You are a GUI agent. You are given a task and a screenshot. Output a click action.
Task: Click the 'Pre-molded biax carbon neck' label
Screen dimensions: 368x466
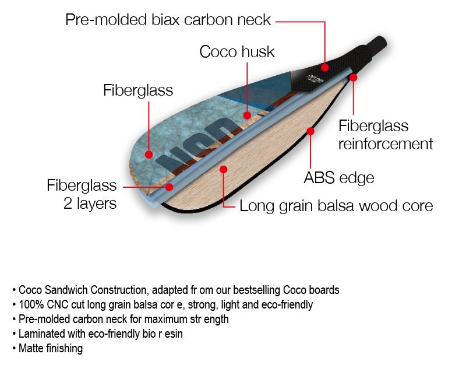(168, 20)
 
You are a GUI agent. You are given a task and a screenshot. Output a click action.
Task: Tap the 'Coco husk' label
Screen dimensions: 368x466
(236, 52)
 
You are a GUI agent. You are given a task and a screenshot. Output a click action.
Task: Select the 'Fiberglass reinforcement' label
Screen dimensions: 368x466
(386, 135)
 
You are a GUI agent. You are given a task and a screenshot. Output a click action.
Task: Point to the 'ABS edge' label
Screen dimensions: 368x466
(338, 177)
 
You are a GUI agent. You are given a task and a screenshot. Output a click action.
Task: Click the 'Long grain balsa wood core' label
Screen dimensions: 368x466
(336, 206)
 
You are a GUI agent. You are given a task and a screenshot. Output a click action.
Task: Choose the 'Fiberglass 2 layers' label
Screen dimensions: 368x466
(82, 195)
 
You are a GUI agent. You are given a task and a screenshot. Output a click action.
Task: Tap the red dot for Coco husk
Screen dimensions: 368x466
(248, 115)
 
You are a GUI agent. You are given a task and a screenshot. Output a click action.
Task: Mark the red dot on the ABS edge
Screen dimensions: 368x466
(310, 131)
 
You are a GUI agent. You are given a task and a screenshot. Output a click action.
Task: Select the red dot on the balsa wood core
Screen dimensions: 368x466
(223, 169)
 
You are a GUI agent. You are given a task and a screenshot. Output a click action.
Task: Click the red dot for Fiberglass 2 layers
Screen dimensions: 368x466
(170, 187)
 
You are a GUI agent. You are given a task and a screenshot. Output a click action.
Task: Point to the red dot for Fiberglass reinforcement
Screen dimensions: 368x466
(353, 76)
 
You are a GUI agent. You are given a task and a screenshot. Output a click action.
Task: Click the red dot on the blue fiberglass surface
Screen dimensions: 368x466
(149, 155)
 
